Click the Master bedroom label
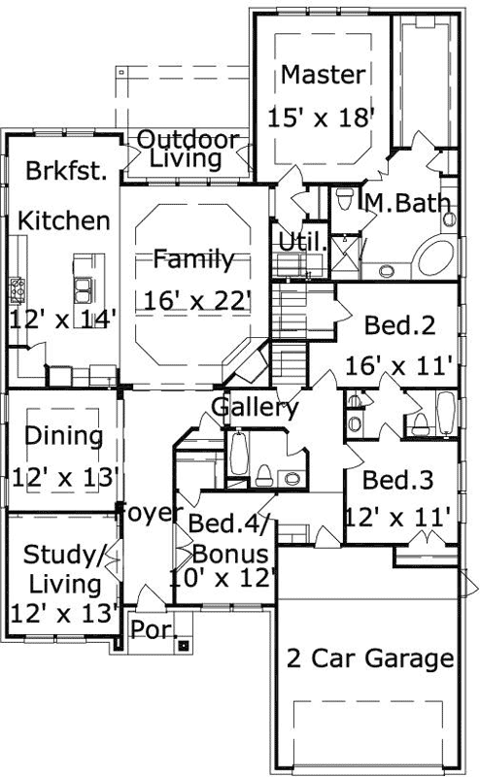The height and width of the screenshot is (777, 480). coord(325,75)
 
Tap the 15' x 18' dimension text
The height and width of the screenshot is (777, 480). coord(321,118)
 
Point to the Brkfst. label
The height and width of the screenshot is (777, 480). coord(65,170)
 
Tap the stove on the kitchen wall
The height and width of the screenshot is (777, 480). coord(17,287)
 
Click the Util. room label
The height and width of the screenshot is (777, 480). coord(300,241)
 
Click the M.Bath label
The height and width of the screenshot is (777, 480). coord(407,203)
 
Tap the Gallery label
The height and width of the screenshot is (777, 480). coord(255,408)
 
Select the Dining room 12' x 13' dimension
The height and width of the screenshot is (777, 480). coord(64,477)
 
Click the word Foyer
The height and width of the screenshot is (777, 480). coord(151,513)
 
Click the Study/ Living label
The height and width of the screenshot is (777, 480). coord(63,570)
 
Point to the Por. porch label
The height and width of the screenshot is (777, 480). coord(152,628)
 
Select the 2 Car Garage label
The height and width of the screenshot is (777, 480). coord(370,659)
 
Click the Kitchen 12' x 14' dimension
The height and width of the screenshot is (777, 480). coord(63,317)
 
